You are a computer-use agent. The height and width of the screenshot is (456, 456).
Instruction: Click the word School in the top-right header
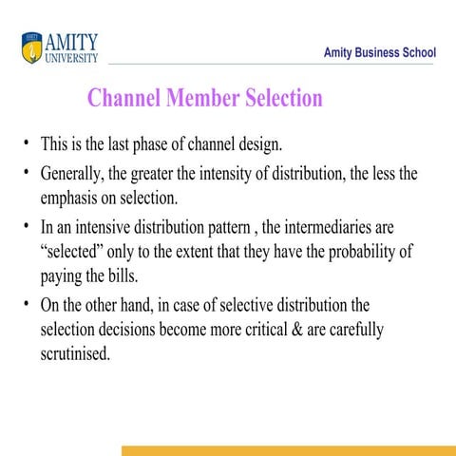[x=414, y=53]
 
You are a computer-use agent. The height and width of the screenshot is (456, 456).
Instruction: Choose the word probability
[x=360, y=253]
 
